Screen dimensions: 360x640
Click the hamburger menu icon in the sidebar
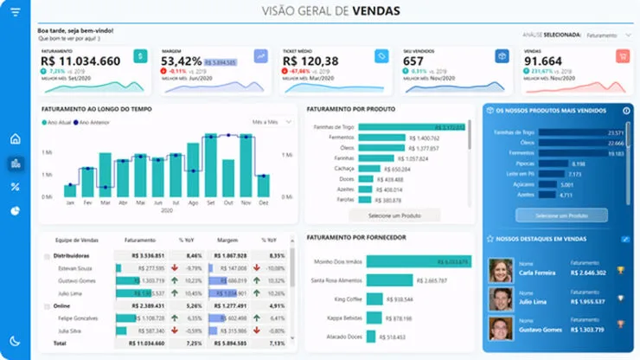pos(15,12)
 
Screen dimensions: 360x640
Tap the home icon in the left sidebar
pos(15,138)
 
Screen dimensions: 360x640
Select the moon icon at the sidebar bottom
pos(15,341)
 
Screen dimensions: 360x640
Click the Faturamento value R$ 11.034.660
pos(80,61)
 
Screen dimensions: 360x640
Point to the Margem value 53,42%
pos(181,61)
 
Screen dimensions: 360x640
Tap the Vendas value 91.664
pos(542,61)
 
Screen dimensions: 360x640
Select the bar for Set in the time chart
pos(210,165)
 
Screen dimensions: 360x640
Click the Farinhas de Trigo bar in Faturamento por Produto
pos(411,127)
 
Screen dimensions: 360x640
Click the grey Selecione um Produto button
pos(394,215)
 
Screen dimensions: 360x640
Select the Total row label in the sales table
pos(61,344)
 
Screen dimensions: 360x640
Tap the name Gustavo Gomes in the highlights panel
pos(539,329)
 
